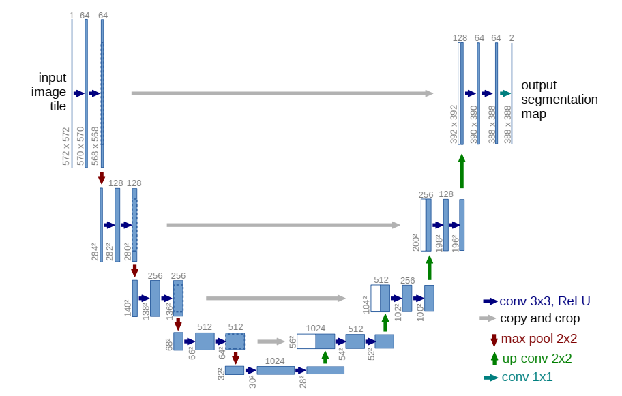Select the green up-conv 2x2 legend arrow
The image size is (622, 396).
[x=494, y=358]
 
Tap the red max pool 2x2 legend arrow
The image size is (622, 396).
[x=494, y=339]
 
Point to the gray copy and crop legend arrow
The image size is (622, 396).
[x=488, y=318]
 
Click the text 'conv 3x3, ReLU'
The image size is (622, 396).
[x=545, y=301]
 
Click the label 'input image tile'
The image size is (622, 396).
[x=53, y=91]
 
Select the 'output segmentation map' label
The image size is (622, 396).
[x=559, y=100]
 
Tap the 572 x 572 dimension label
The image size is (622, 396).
[x=66, y=147]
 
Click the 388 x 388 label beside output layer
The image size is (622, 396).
[x=507, y=124]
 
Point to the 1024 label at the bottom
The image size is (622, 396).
[x=275, y=361]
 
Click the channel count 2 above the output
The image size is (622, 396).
[x=512, y=37]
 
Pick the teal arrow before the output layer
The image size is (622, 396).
[x=505, y=93]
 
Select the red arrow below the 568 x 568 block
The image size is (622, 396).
[x=102, y=178]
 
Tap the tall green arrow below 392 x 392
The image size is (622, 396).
[x=462, y=170]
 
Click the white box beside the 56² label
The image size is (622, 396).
[x=306, y=341]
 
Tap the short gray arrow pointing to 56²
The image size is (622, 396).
[x=271, y=341]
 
